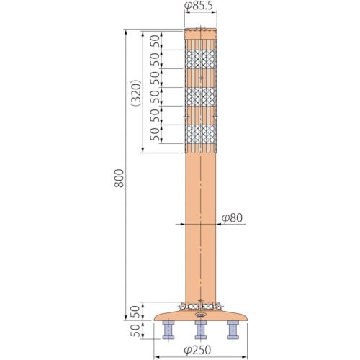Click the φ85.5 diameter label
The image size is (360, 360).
199,6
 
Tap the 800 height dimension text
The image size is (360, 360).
119,178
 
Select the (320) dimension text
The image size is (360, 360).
136,93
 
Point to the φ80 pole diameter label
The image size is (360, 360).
232,218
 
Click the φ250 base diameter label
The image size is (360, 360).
197,350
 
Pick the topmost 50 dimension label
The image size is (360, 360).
155,41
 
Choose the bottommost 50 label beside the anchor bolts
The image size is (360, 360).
135,330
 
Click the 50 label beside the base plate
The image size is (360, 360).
135,312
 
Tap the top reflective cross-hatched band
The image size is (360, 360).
201,59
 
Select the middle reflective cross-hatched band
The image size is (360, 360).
201,96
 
